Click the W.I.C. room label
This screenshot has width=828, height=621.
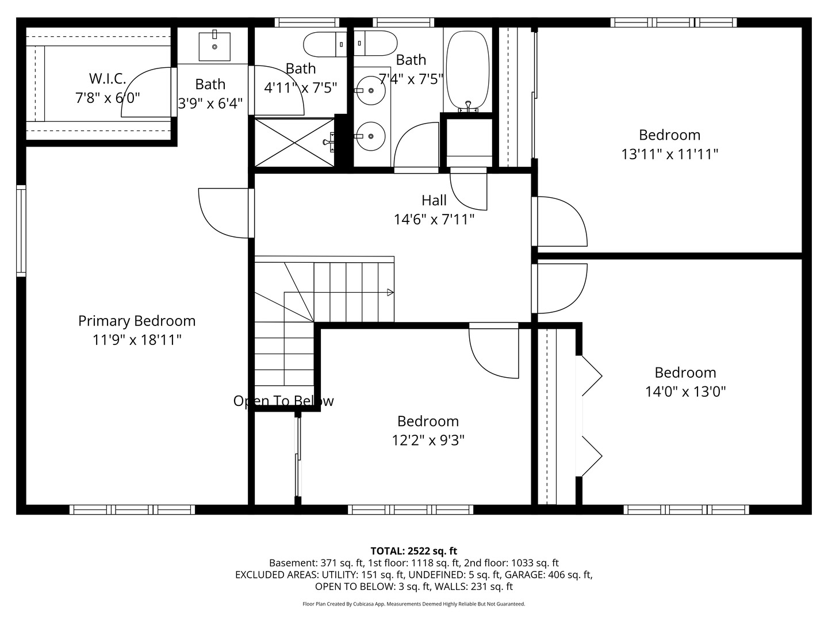(108, 78)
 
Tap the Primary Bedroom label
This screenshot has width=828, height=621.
(137, 321)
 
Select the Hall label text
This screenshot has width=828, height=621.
(434, 200)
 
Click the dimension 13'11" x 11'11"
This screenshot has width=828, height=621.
(669, 154)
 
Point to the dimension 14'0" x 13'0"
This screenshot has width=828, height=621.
(685, 392)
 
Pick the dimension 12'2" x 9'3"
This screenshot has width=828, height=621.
(428, 440)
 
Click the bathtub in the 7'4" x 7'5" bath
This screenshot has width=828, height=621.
(467, 71)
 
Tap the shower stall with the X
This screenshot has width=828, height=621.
(294, 143)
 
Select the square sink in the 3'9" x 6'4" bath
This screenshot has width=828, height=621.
(214, 47)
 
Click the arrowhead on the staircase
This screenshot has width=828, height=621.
(390, 292)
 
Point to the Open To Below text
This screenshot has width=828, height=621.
(283, 401)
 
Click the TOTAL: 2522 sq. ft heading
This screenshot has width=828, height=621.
(414, 551)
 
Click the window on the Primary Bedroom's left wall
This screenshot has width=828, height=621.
(21, 231)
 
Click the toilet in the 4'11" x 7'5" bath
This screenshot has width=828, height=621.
(325, 44)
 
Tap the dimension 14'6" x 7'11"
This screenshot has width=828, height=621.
(434, 220)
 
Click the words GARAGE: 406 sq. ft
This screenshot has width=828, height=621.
(549, 574)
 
